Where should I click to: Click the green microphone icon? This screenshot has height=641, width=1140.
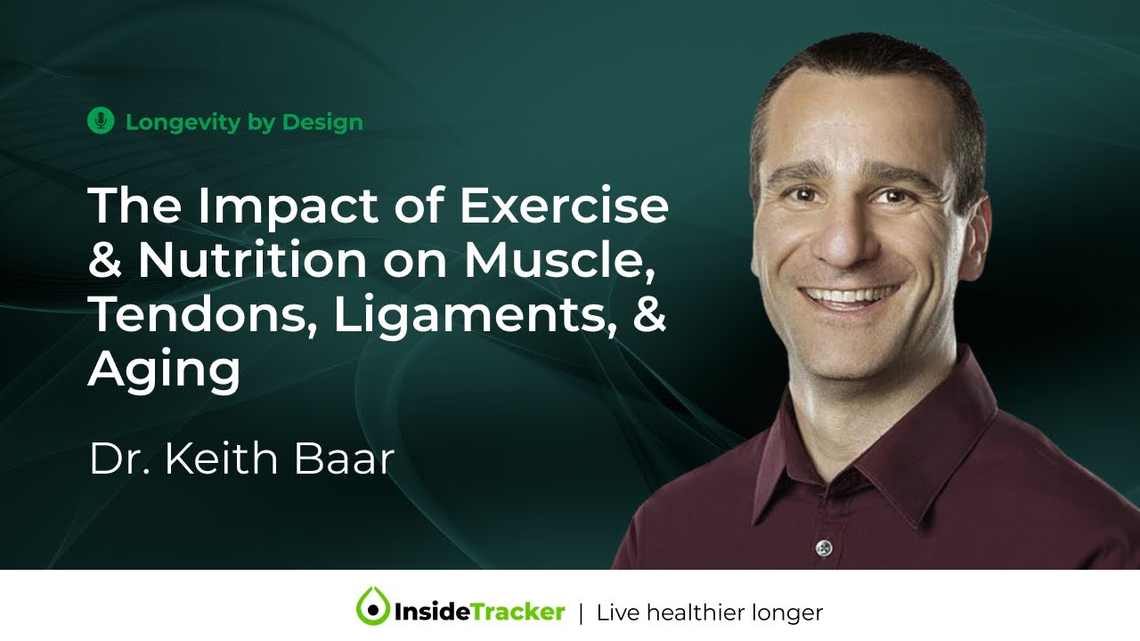(x=101, y=121)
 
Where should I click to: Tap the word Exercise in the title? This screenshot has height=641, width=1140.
(x=563, y=207)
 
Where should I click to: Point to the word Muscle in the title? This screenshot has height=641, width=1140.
(x=563, y=261)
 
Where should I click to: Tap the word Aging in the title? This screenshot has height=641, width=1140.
(x=164, y=370)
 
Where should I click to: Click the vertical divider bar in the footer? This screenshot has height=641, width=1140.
(x=581, y=613)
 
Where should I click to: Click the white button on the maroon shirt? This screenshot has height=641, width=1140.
(x=824, y=546)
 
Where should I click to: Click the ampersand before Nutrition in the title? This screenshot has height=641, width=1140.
(x=106, y=261)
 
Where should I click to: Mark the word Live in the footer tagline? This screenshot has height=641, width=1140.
(x=615, y=613)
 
